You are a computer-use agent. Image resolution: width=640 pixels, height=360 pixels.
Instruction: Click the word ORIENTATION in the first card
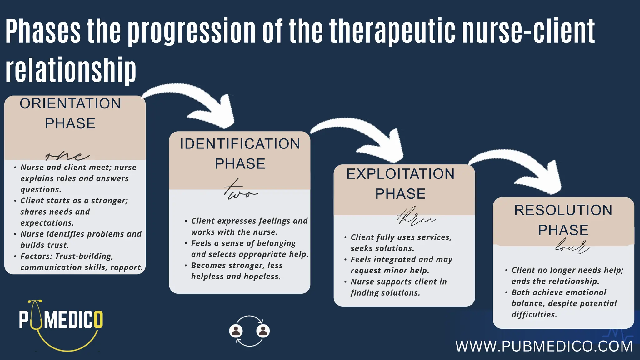[70, 104]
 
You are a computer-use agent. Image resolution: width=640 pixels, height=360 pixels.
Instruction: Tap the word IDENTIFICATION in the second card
[240, 144]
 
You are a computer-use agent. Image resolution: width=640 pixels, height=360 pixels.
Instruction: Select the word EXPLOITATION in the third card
[400, 174]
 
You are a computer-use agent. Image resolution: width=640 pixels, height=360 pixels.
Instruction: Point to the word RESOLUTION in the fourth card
[563, 210]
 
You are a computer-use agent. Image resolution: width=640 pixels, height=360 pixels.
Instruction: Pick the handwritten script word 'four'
[572, 246]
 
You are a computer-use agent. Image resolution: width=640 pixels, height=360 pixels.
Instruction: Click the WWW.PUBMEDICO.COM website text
[544, 346]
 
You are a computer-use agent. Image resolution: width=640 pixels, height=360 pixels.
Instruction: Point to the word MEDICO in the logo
[73, 320]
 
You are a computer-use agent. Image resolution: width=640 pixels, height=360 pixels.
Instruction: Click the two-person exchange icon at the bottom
[249, 331]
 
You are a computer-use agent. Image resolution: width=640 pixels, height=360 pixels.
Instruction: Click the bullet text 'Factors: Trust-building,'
[67, 257]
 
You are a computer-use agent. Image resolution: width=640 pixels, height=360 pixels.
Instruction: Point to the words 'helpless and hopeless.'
[236, 277]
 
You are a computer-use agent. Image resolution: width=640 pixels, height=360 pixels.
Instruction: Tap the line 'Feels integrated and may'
[402, 260]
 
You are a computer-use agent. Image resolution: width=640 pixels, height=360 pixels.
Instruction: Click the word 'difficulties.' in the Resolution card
[534, 315]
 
